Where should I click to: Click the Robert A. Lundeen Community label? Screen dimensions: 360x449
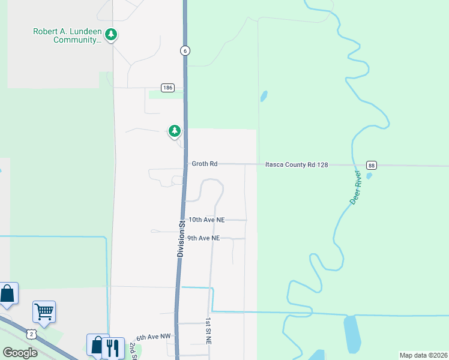click(x=67, y=35)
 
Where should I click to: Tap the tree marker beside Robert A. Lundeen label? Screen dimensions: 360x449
click(x=110, y=35)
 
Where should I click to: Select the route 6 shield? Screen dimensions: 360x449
click(x=185, y=51)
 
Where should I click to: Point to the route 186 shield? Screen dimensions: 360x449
click(x=167, y=88)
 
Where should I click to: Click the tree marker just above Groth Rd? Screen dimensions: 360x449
click(x=174, y=131)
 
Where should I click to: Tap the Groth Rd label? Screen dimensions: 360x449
click(x=204, y=163)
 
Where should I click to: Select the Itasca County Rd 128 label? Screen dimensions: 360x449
click(x=297, y=164)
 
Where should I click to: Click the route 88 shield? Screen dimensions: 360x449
click(x=372, y=165)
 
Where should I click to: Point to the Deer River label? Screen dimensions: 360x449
click(x=355, y=187)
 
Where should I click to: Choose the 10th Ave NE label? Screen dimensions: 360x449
click(x=206, y=220)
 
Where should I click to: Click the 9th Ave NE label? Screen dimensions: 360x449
click(x=203, y=238)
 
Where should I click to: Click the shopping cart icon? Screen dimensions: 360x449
click(x=44, y=311)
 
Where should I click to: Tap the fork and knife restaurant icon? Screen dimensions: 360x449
click(x=113, y=347)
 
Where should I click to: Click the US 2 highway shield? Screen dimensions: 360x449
click(x=32, y=332)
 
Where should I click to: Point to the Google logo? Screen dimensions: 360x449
click(x=20, y=352)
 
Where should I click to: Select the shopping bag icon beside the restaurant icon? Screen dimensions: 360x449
click(x=97, y=345)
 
